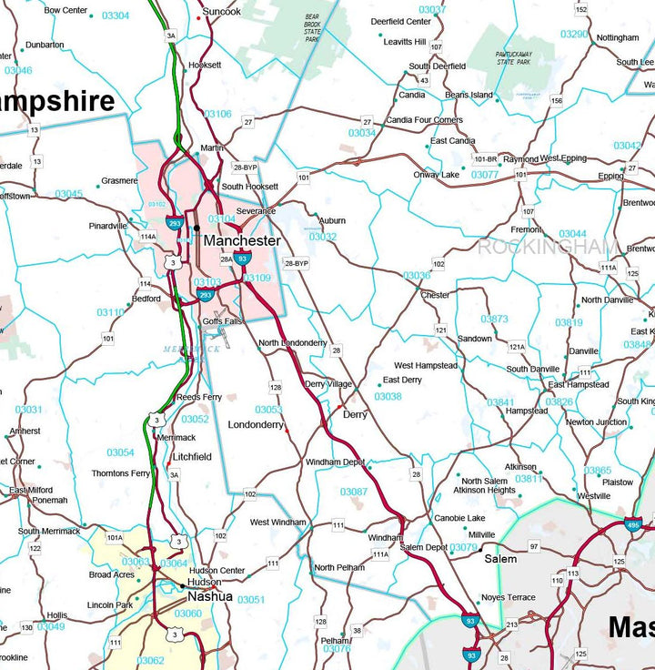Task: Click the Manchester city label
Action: pos(241,241)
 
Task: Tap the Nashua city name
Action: pos(209,597)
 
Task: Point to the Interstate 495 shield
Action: pos(633,525)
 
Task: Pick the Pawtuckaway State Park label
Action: pos(519,60)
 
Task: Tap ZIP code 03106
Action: pos(218,115)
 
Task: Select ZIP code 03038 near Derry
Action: pos(388,397)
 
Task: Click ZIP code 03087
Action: pos(354,492)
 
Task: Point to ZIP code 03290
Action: pos(574,35)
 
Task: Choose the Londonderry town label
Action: pos(256,425)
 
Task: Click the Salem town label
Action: pos(499,559)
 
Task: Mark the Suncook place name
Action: pos(222,12)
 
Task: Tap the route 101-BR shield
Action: pos(485,159)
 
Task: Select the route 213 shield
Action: pos(512,624)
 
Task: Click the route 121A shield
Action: pos(517,347)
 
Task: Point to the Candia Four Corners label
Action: pos(424,120)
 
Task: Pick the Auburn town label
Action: pos(332,220)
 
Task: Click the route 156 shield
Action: pos(557,101)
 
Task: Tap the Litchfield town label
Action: pos(192,457)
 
